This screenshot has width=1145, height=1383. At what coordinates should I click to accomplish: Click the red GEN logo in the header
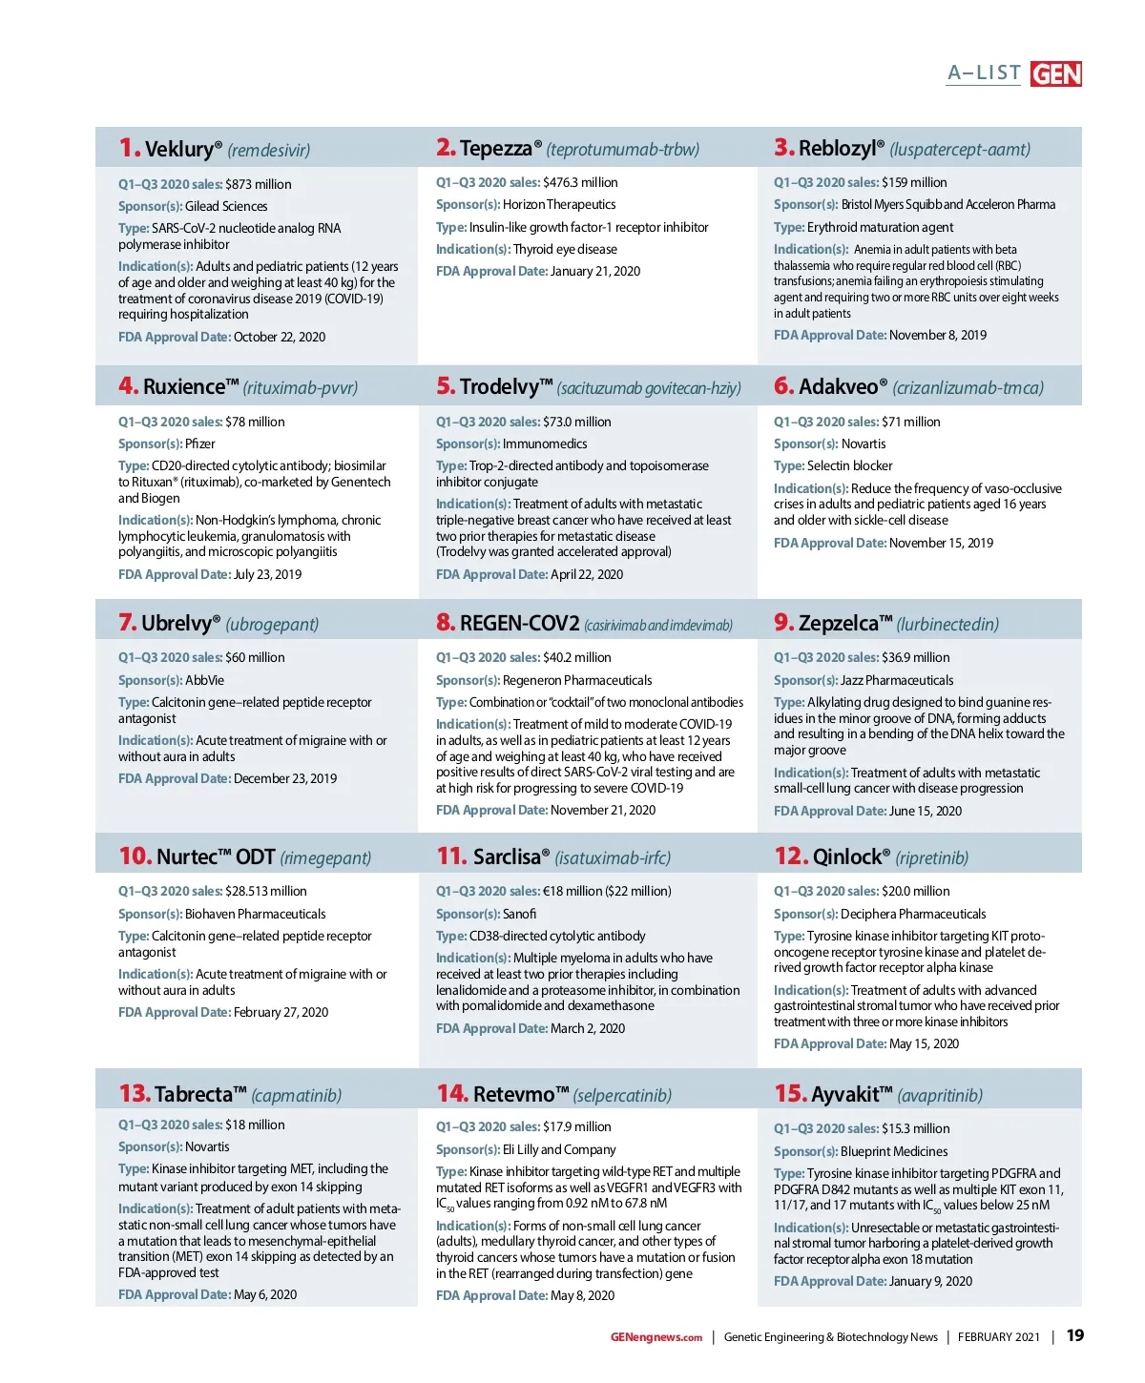(x=1055, y=73)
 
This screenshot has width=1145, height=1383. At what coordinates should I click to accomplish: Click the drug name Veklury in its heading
(x=178, y=149)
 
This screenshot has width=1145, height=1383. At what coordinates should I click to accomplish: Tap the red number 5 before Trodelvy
(x=445, y=385)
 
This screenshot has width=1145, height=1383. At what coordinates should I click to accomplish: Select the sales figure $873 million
(x=259, y=184)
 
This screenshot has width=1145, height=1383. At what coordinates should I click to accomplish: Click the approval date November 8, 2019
(x=938, y=335)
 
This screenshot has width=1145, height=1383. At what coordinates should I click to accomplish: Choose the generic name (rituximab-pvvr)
(x=301, y=387)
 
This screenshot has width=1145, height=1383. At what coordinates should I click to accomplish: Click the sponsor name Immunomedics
(x=545, y=444)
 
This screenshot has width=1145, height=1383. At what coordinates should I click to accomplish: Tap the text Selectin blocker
(x=850, y=465)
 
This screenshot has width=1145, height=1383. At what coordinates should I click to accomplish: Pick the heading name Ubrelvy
(x=177, y=624)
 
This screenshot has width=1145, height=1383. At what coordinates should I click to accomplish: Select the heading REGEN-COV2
(x=519, y=624)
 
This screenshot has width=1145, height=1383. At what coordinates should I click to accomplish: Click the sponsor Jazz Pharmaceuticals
(x=897, y=680)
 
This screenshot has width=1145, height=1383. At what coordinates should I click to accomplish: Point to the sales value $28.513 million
(x=266, y=891)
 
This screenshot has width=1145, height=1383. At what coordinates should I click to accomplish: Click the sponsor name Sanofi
(x=520, y=914)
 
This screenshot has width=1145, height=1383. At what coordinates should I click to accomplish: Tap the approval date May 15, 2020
(x=924, y=1043)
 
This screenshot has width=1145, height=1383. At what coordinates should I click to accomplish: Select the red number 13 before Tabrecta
(x=135, y=1093)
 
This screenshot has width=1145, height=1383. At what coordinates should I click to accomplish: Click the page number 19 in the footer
(x=1074, y=1335)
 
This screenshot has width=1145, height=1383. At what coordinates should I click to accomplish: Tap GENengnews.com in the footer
(x=656, y=1337)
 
